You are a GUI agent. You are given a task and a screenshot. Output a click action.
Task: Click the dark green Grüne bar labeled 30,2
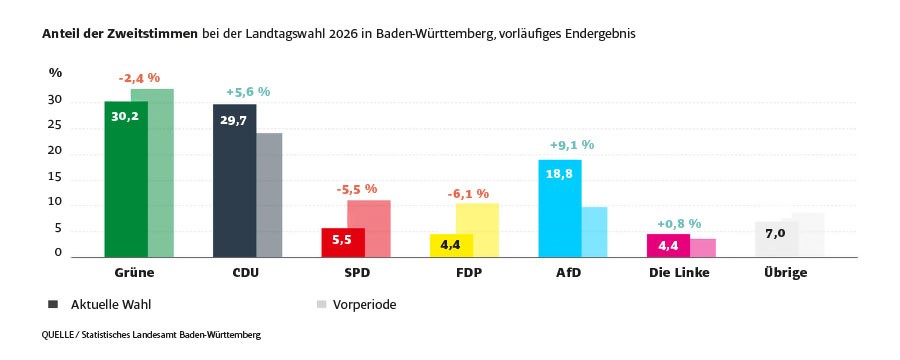pyautogui.click(x=125, y=180)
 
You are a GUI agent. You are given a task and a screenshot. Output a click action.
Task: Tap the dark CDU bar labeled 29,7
pyautogui.click(x=234, y=181)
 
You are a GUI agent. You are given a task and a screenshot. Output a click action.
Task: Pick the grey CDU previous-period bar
pyautogui.click(x=269, y=195)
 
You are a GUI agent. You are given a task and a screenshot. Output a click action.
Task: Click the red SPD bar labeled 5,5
pyautogui.click(x=342, y=243)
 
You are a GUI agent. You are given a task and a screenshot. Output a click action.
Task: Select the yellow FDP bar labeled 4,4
pyautogui.click(x=450, y=246)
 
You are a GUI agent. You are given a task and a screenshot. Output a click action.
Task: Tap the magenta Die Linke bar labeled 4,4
pyautogui.click(x=667, y=246)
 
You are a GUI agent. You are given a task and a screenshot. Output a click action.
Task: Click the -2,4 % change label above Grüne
pyautogui.click(x=139, y=78)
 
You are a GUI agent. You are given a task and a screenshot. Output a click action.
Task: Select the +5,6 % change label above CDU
pyautogui.click(x=248, y=92)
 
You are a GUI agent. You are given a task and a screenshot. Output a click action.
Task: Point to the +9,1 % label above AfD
pyautogui.click(x=572, y=145)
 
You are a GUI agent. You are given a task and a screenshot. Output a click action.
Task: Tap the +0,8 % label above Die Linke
pyautogui.click(x=679, y=224)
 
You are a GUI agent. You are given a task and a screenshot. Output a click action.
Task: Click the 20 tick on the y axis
pyautogui.click(x=55, y=152)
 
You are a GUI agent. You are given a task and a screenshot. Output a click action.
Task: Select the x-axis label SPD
pyautogui.click(x=356, y=273)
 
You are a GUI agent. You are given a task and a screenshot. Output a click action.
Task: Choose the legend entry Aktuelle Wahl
pyautogui.click(x=110, y=304)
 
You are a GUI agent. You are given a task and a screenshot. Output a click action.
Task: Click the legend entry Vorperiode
pyautogui.click(x=364, y=304)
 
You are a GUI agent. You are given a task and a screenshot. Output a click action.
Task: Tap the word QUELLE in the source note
pyautogui.click(x=62, y=336)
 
